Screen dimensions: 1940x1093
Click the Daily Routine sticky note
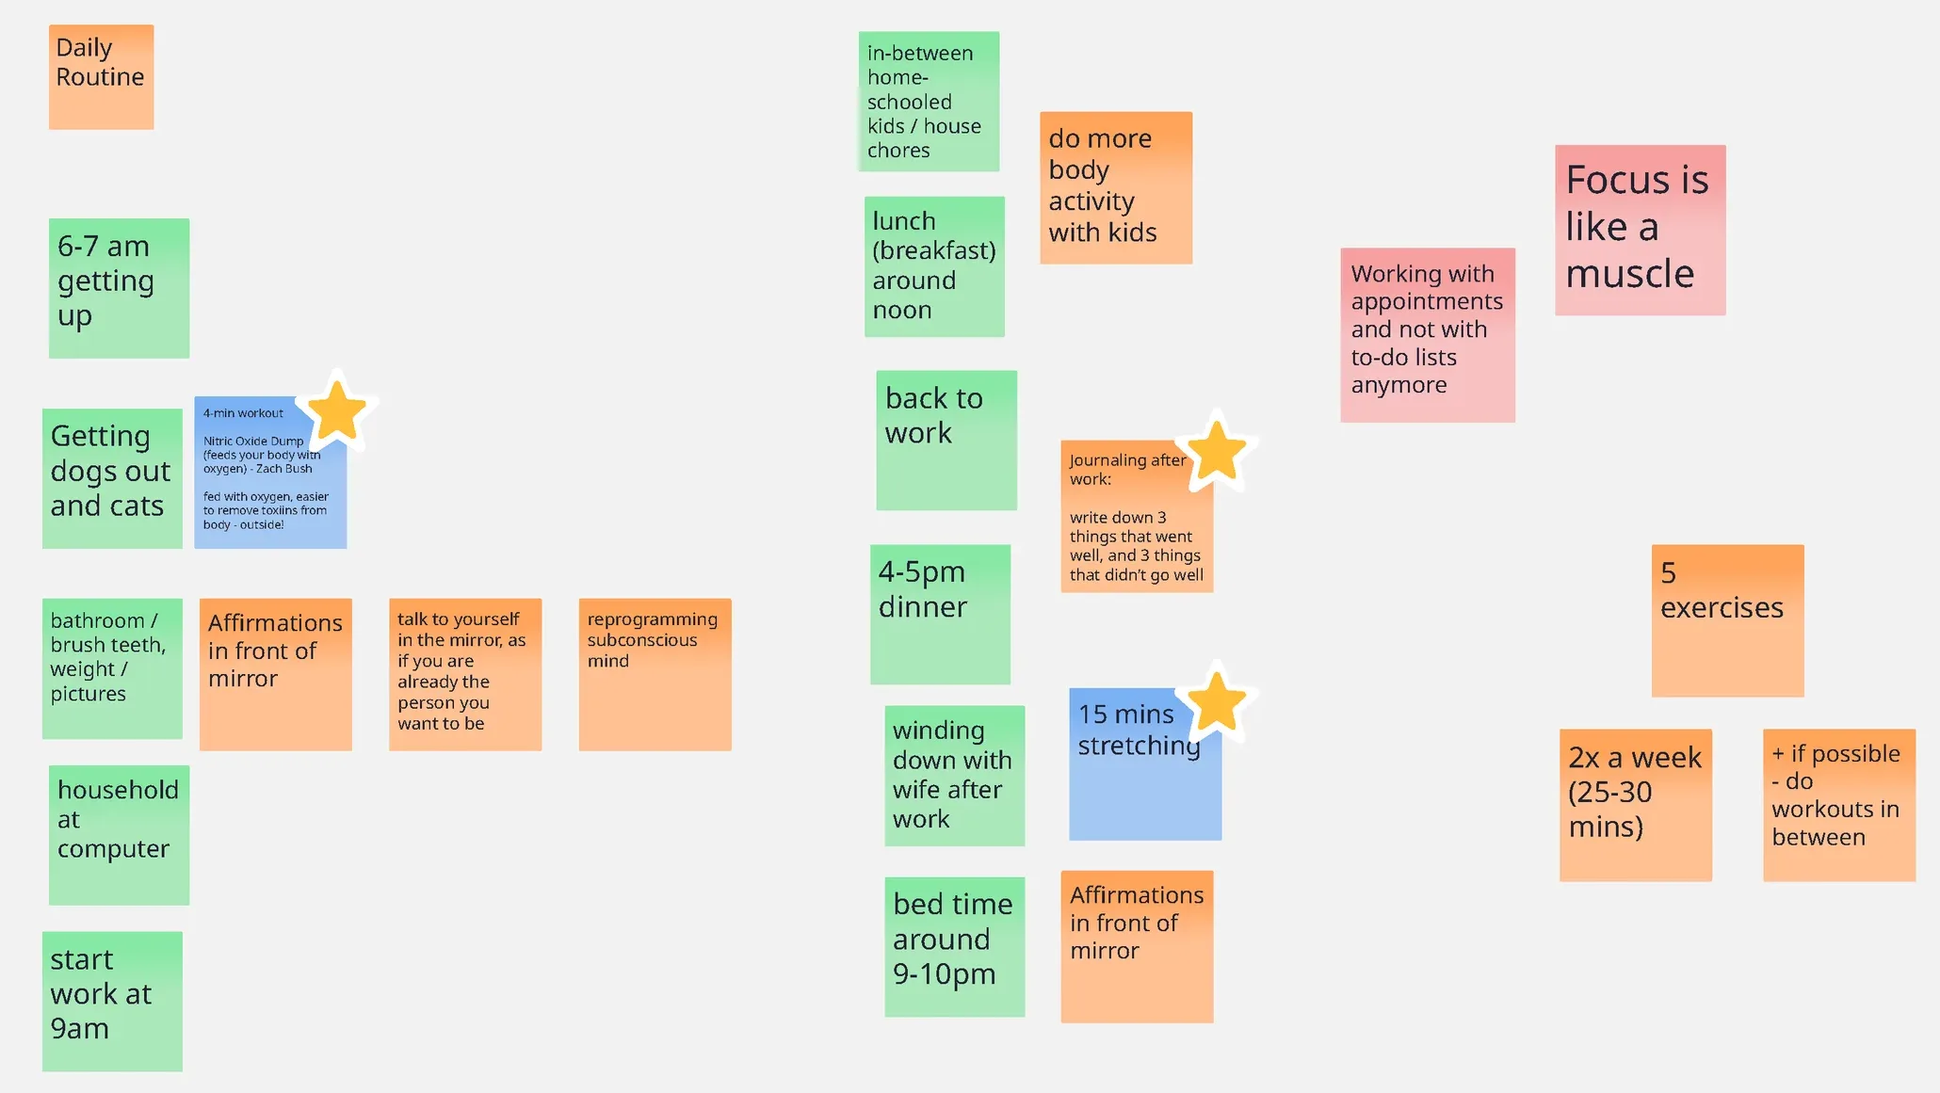[x=101, y=76]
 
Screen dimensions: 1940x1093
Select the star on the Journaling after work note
[x=1218, y=452]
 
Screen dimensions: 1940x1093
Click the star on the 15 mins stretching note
[x=1218, y=702]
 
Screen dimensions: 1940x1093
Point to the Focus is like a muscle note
[x=1640, y=230]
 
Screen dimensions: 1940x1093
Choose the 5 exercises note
[x=1727, y=620]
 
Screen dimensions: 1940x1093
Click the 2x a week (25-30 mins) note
[x=1635, y=805]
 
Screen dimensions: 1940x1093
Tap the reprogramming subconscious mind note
[x=655, y=674]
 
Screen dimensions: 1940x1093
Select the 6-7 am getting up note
[x=119, y=288]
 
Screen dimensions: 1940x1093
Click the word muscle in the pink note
[x=1629, y=274]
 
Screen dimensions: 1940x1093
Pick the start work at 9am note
[x=112, y=1001]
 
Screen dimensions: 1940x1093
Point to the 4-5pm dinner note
[x=940, y=614]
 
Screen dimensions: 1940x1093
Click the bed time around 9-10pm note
[x=954, y=946]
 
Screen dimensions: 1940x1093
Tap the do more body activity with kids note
[x=1116, y=187]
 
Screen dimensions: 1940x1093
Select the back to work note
[x=946, y=440]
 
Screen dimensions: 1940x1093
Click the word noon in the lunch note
[x=902, y=311]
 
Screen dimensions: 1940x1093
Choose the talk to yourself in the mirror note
[x=465, y=674]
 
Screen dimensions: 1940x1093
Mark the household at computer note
[x=119, y=835]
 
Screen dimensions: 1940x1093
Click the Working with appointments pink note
[x=1428, y=335]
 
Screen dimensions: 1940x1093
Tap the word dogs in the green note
[x=110, y=472]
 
